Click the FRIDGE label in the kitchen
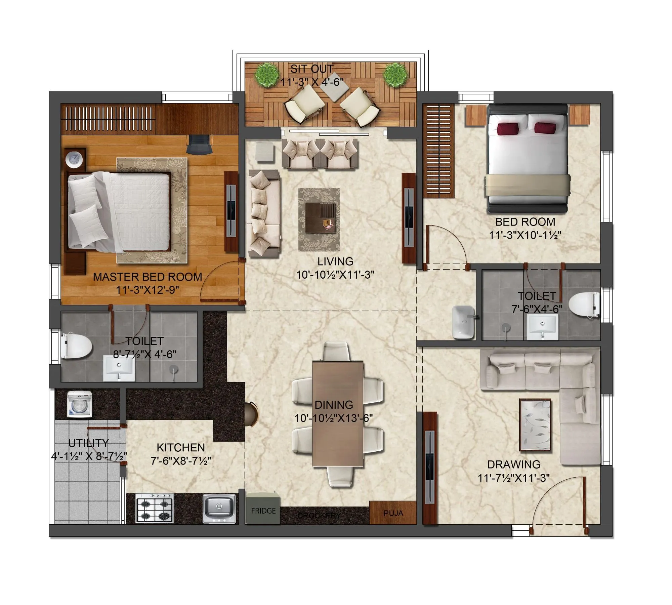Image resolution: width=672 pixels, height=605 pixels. point(263,511)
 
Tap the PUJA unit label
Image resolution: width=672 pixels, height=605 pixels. point(393,513)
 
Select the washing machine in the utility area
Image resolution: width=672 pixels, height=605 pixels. point(80,404)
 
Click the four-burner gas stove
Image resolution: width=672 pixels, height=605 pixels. point(155,508)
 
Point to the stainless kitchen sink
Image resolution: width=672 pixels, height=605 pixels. point(219,508)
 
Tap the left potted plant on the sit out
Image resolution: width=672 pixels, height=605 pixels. point(267,75)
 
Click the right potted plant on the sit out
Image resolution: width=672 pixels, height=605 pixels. point(396,75)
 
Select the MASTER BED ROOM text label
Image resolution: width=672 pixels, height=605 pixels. point(148,277)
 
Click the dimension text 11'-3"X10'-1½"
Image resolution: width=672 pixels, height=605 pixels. point(525,235)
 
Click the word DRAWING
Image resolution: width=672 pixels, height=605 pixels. point(514,465)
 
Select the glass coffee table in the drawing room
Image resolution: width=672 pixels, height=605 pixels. point(535,426)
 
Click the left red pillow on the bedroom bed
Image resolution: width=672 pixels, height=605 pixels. point(507,128)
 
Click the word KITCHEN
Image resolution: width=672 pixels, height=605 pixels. point(181,448)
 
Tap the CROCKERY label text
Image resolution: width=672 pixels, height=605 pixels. point(319,516)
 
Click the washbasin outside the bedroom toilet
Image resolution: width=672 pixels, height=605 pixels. point(463,322)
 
